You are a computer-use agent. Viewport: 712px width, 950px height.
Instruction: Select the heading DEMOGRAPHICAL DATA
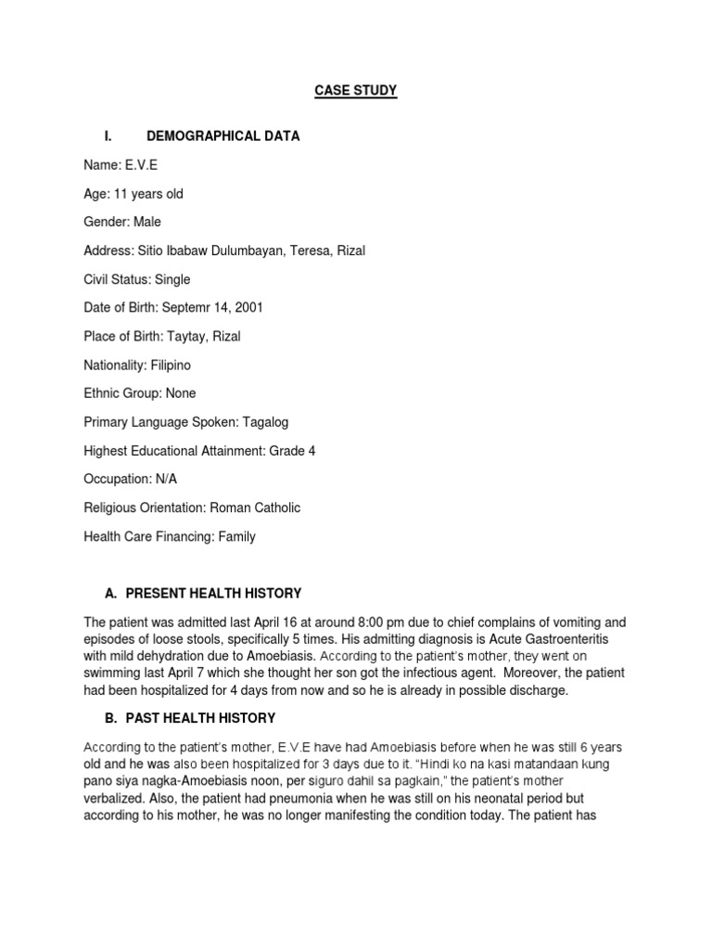coord(223,136)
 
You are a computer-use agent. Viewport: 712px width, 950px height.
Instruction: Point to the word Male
coord(147,223)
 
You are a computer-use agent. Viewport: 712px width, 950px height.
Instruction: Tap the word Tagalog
coord(265,422)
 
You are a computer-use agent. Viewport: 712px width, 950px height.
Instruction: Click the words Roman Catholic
coord(255,508)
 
